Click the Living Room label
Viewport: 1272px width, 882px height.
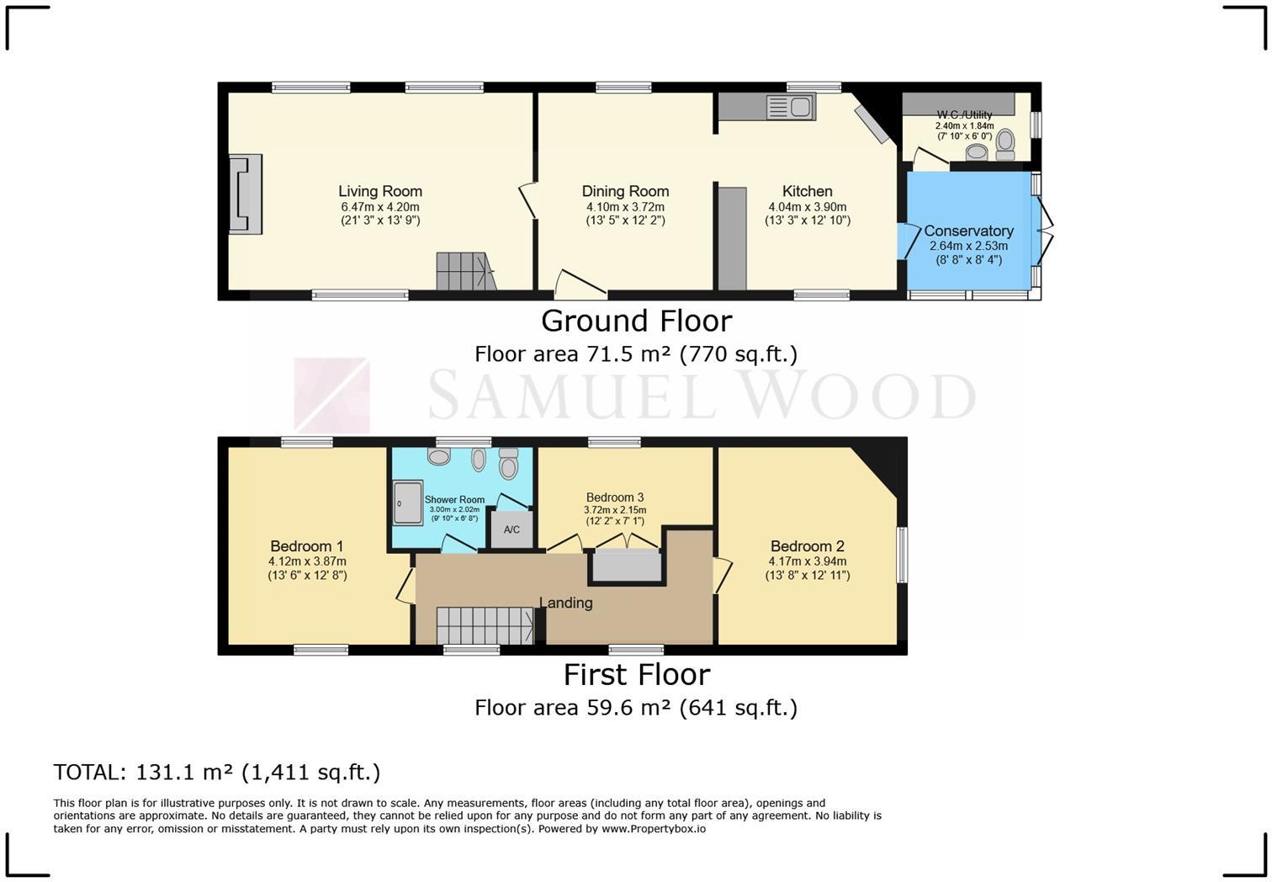380,192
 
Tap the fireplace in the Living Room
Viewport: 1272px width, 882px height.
246,194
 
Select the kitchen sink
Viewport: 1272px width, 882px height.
790,107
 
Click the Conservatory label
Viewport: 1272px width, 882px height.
968,231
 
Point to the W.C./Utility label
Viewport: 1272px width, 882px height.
964,114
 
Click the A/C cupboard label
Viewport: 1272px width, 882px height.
511,530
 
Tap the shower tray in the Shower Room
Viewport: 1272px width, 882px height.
408,502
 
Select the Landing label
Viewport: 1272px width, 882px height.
565,603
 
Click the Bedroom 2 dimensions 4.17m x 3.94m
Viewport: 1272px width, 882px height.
807,561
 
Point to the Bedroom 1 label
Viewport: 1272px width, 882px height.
306,546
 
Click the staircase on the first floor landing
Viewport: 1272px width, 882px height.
484,626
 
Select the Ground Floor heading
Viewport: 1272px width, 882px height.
636,321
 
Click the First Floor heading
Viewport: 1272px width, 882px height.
636,674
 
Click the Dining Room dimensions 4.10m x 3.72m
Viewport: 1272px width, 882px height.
625,207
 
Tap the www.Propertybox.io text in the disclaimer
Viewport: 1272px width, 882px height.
653,829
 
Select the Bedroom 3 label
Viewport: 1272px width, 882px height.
615,497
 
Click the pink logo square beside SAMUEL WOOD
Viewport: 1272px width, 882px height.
331,395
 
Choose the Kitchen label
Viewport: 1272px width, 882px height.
807,192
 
